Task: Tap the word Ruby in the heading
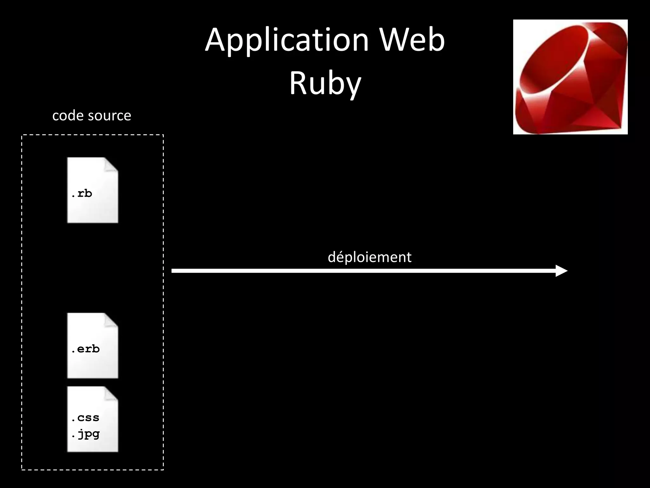(x=325, y=83)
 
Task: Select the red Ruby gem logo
(x=570, y=77)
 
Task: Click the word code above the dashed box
(x=66, y=116)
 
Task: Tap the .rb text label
(x=82, y=193)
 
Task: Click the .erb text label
(x=85, y=349)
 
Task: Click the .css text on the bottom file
(x=85, y=418)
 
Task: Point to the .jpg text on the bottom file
(x=85, y=434)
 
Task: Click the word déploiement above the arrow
(x=369, y=257)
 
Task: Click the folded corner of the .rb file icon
(x=111, y=165)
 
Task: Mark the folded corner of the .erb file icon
(x=111, y=320)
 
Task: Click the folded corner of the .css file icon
(x=111, y=394)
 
